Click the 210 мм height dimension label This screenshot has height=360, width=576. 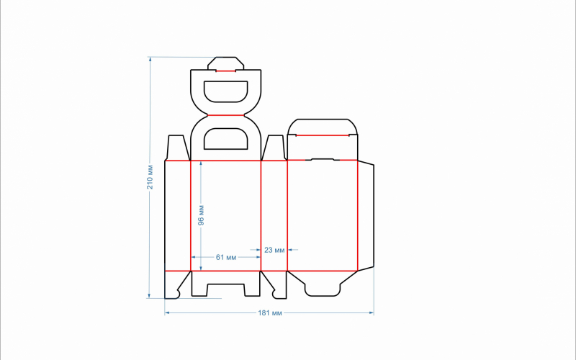pos(150,177)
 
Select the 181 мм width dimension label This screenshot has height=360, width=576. pos(270,313)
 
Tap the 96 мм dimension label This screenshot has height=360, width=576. pos(201,215)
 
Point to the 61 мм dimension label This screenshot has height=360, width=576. pos(226,257)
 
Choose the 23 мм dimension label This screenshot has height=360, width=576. pos(274,250)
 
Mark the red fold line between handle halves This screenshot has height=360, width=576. pos(226,115)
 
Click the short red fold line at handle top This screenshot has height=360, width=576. pos(225,71)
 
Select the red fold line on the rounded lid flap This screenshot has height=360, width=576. pos(323,135)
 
